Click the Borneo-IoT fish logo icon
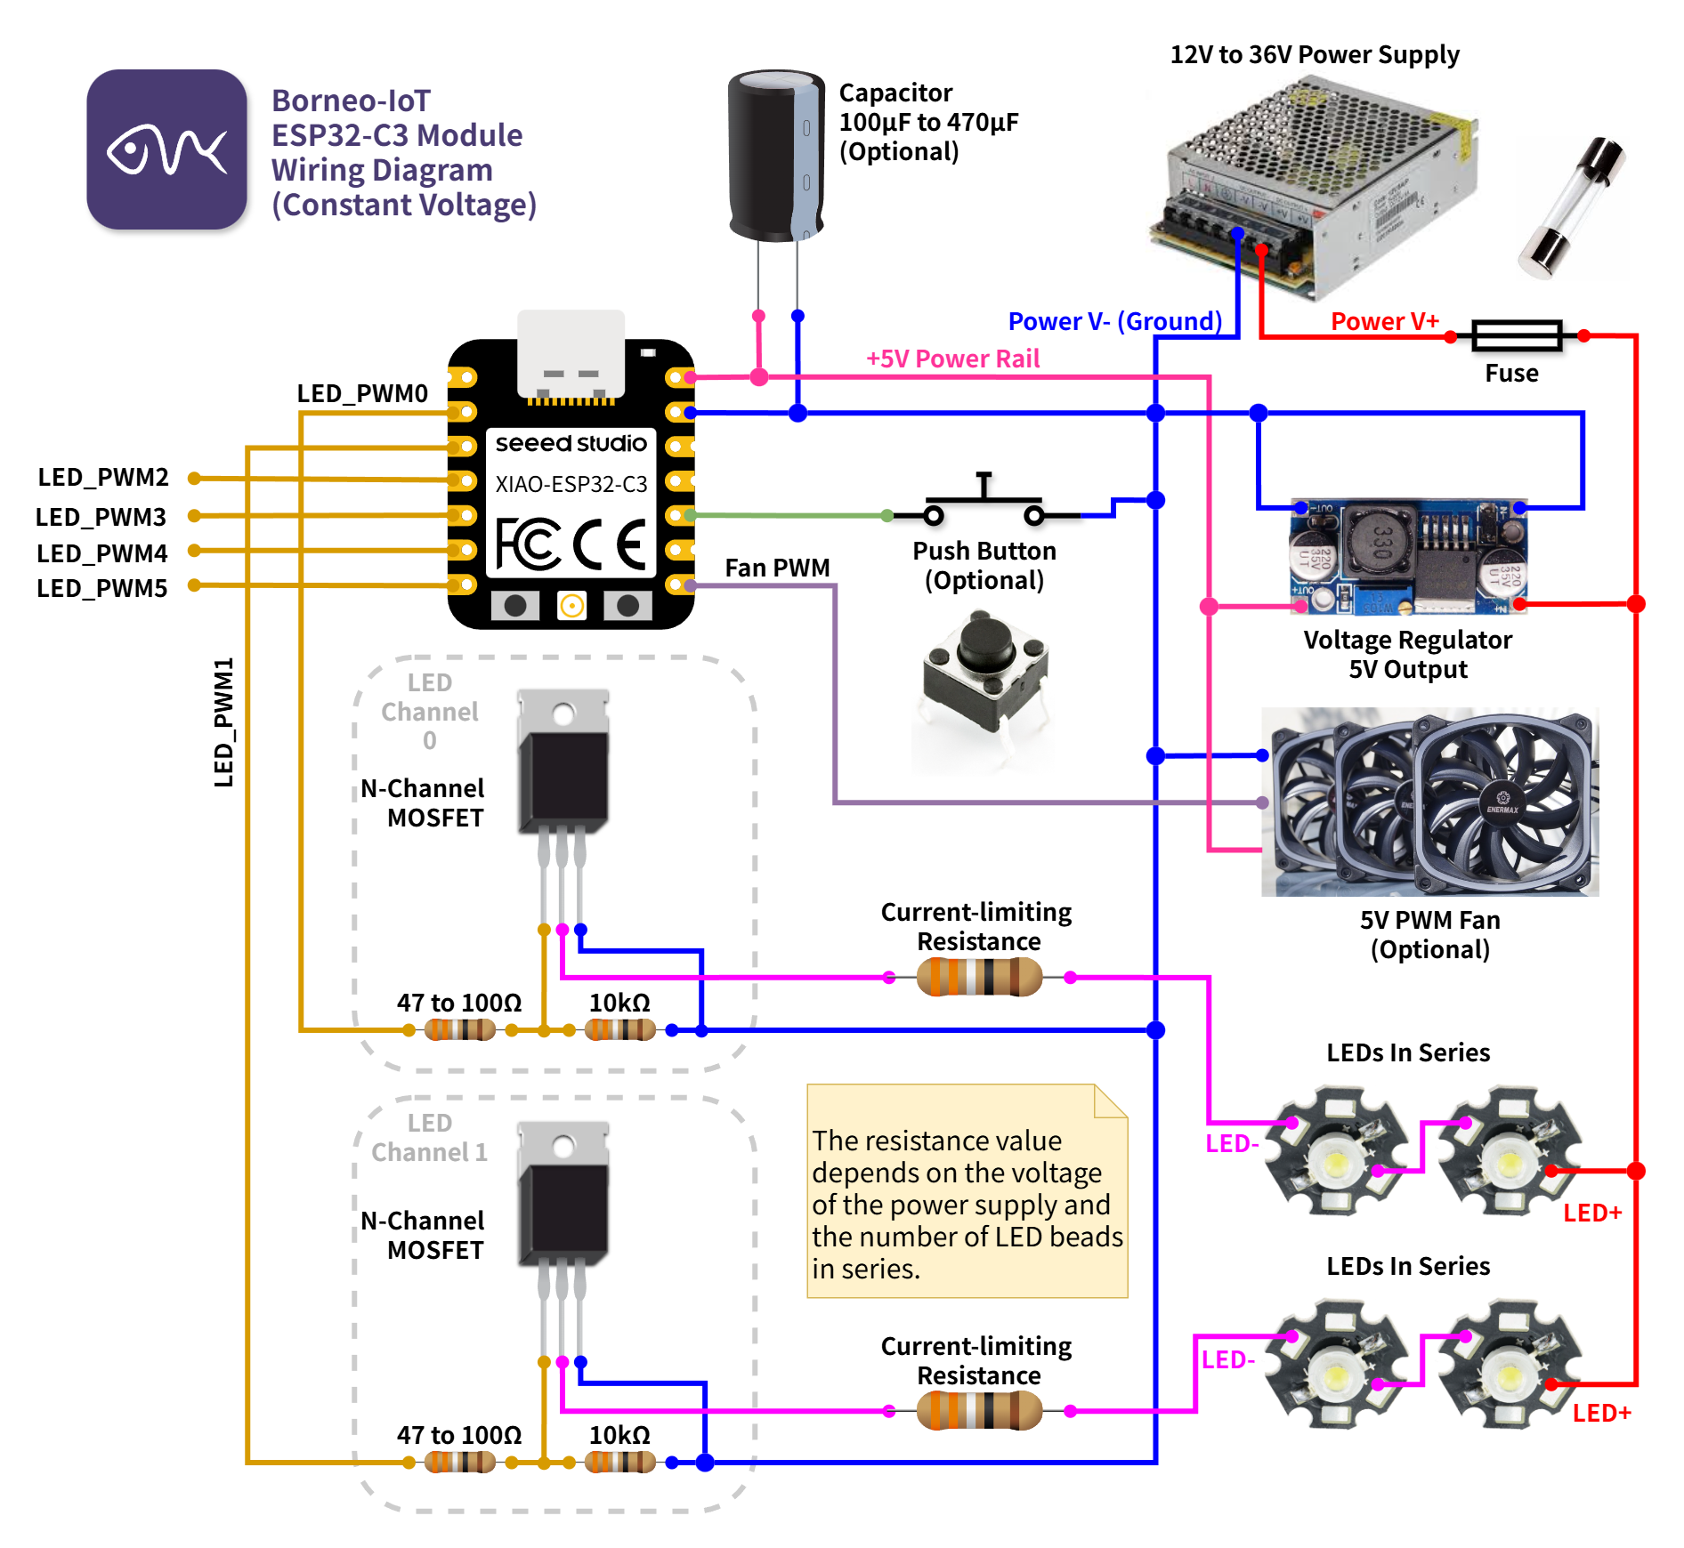(166, 149)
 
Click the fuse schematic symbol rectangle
(1517, 336)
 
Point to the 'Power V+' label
(1384, 321)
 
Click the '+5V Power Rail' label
(952, 359)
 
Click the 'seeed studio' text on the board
(571, 443)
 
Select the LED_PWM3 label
(101, 517)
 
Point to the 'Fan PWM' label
(777, 568)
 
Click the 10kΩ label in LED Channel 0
(619, 1003)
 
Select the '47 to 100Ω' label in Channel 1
(459, 1435)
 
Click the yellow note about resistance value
(967, 1192)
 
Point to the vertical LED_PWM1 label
(223, 722)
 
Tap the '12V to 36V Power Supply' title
(1314, 55)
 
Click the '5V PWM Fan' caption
(1429, 920)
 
